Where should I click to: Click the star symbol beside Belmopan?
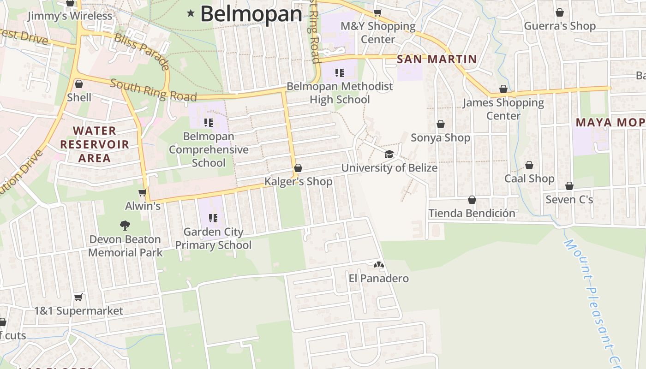tap(191, 13)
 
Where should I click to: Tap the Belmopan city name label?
tap(251, 14)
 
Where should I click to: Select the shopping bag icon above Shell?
tap(79, 84)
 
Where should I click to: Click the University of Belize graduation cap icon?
tap(389, 154)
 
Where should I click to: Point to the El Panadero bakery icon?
tap(378, 265)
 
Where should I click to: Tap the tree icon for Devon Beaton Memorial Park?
tap(125, 226)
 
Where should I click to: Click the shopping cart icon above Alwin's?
tap(143, 192)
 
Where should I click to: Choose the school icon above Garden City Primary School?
tap(213, 218)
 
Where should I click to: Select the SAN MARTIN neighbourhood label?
tap(437, 59)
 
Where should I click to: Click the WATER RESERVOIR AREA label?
tap(95, 144)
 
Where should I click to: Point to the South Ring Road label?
tap(153, 90)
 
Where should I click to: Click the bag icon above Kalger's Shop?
tap(298, 168)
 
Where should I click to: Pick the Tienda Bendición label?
tap(472, 213)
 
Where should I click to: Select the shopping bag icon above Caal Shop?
tap(529, 165)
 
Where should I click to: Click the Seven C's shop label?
tap(569, 200)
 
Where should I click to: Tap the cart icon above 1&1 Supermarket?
tap(78, 298)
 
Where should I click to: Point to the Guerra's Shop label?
tap(560, 26)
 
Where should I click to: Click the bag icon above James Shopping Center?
tap(503, 89)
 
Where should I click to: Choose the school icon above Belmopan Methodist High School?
tap(340, 72)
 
